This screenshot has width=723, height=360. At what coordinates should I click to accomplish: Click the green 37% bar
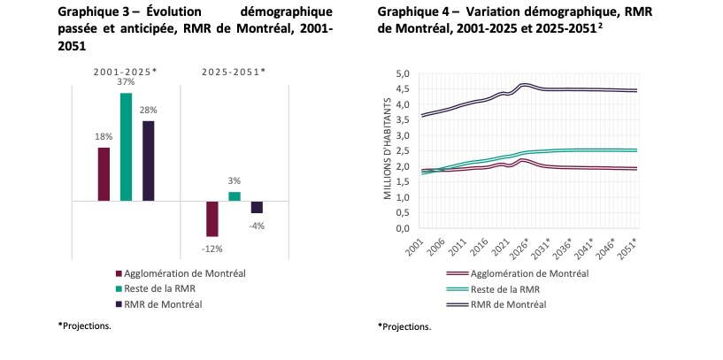click(126, 147)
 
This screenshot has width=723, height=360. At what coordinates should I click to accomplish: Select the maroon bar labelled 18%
click(104, 174)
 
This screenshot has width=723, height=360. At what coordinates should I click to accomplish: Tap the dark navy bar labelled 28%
click(148, 161)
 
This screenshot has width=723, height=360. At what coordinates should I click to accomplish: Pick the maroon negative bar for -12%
click(212, 219)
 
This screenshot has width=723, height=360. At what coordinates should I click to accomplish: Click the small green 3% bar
click(235, 196)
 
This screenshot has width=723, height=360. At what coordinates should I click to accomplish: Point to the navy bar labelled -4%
click(257, 208)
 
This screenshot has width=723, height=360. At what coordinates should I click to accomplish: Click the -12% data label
click(212, 249)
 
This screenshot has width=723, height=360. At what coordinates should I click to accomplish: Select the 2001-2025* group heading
click(126, 72)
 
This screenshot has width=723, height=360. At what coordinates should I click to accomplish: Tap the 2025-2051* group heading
click(234, 72)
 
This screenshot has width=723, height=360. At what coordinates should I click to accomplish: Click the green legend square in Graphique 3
click(119, 289)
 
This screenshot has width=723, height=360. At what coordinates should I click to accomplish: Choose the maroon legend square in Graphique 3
click(119, 273)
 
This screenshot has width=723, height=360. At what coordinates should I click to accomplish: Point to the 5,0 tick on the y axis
click(403, 73)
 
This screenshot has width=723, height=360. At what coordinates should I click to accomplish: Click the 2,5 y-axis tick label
click(403, 150)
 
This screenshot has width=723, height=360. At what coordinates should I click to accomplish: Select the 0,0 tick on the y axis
click(403, 228)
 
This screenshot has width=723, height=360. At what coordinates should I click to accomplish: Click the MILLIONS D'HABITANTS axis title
click(388, 149)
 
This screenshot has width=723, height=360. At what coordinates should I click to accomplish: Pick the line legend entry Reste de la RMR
click(493, 289)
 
